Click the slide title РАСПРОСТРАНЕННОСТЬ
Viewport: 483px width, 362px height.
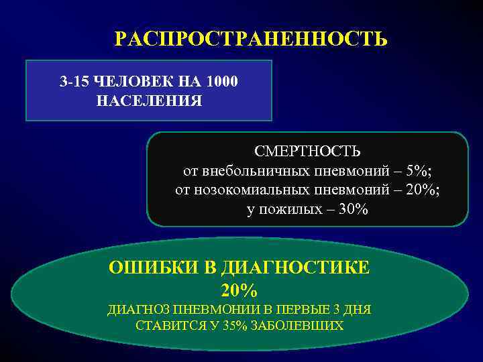(251, 39)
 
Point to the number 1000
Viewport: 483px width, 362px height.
(222, 82)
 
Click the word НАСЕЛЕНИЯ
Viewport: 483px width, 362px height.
(149, 101)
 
